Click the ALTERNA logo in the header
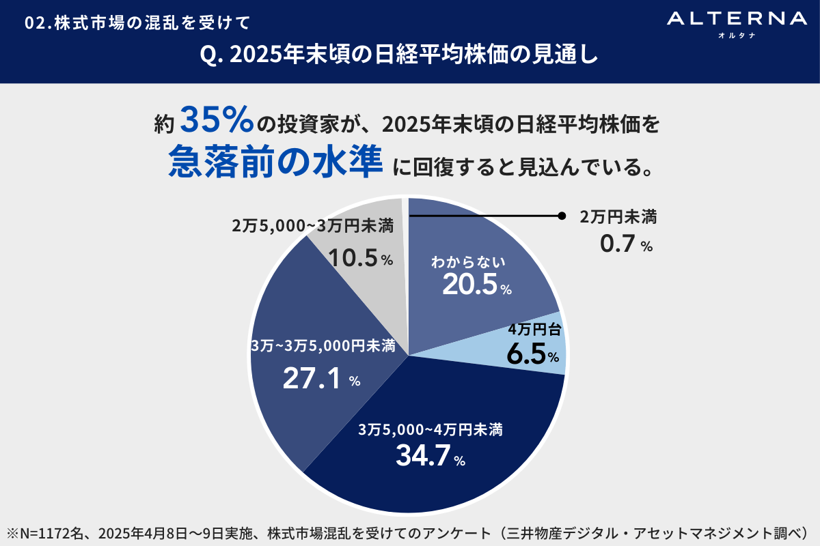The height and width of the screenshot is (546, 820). [x=736, y=19]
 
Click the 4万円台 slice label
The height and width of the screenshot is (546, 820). [x=535, y=331]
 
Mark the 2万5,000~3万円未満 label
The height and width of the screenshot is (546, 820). [x=312, y=227]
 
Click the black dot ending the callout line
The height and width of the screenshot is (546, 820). [x=562, y=216]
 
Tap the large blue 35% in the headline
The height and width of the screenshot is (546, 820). [x=218, y=121]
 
